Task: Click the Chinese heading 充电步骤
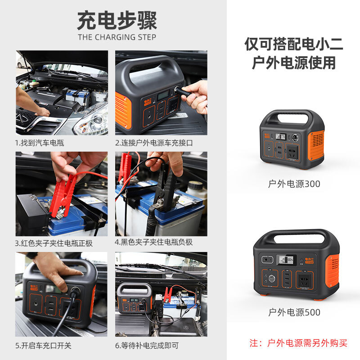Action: pos(117,20)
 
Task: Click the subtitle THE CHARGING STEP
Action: pos(117,37)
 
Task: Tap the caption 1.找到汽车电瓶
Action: pos(40,143)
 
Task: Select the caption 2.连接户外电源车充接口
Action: pos(154,143)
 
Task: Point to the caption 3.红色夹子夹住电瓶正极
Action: pos(54,243)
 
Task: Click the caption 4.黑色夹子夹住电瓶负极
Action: pos(153,242)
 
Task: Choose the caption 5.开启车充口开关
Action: pos(43,345)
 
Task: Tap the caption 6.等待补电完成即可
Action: pos(147,345)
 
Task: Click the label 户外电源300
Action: pos(294,184)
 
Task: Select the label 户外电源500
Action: pos(294,312)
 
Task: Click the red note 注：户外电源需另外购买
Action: pos(298,343)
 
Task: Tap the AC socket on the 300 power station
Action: pos(292,152)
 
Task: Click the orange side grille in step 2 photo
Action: pos(123,110)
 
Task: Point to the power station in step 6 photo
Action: pos(134,298)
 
